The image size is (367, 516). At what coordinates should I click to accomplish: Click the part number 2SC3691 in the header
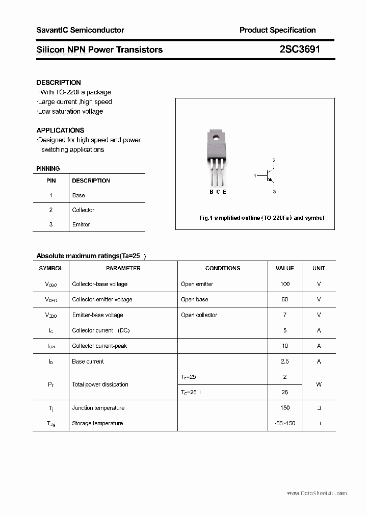click(300, 49)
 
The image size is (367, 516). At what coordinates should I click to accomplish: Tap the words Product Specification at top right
click(277, 30)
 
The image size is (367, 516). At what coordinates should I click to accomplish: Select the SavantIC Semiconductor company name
click(80, 30)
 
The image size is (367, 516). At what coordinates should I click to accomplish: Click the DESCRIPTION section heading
click(59, 83)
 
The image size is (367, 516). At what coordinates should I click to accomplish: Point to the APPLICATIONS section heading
click(60, 131)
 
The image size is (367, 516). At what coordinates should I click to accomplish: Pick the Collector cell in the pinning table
click(83, 210)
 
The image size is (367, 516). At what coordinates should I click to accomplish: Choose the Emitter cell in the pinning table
click(81, 224)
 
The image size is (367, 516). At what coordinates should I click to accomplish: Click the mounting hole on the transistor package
click(216, 136)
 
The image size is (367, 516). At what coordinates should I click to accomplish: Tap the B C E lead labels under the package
click(218, 192)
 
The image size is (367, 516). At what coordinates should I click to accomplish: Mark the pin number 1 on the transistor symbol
click(254, 176)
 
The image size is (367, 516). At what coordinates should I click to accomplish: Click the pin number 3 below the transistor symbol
click(274, 192)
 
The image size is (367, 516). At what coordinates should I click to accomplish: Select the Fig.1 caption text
click(261, 218)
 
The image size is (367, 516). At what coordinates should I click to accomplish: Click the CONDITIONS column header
click(223, 268)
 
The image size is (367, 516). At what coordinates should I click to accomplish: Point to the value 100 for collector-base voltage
click(285, 284)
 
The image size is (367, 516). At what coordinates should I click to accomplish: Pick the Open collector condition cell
click(199, 315)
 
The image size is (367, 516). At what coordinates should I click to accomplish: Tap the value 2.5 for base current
click(285, 362)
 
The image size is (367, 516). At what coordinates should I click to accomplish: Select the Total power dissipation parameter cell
click(100, 384)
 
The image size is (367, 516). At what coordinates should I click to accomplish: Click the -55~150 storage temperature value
click(285, 423)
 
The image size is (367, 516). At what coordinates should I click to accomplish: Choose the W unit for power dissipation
click(319, 384)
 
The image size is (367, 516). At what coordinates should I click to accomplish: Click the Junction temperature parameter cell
click(98, 408)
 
